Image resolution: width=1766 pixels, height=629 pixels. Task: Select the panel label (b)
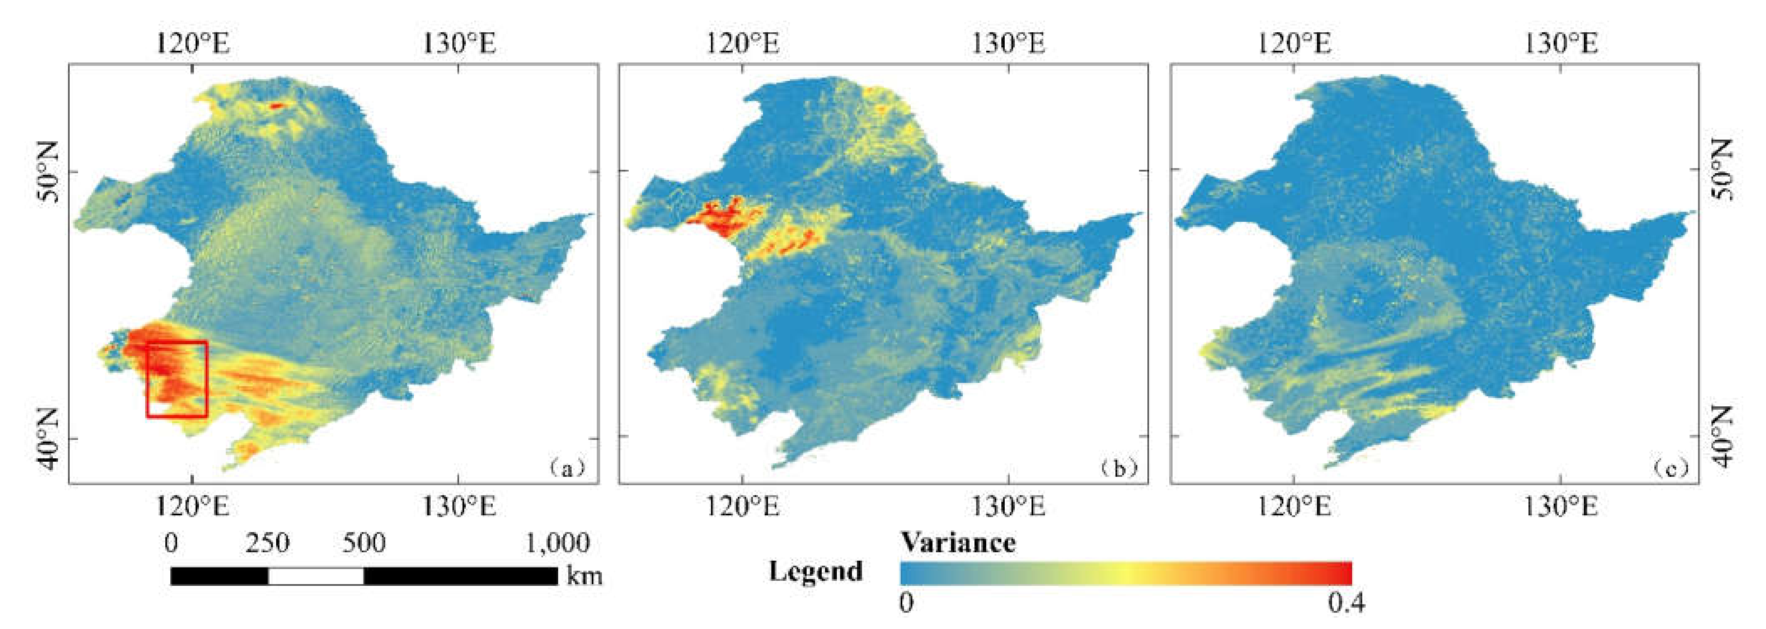point(1118,469)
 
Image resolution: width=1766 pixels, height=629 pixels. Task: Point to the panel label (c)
point(1669,469)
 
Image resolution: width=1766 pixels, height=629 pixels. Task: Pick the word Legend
point(815,571)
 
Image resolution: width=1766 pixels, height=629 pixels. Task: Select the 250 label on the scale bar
point(267,543)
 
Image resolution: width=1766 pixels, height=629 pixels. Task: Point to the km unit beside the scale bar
point(584,576)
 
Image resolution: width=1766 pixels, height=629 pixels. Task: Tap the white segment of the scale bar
point(315,576)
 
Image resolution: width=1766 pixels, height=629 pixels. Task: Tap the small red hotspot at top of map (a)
point(276,106)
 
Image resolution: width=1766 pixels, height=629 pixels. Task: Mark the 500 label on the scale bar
point(364,543)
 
